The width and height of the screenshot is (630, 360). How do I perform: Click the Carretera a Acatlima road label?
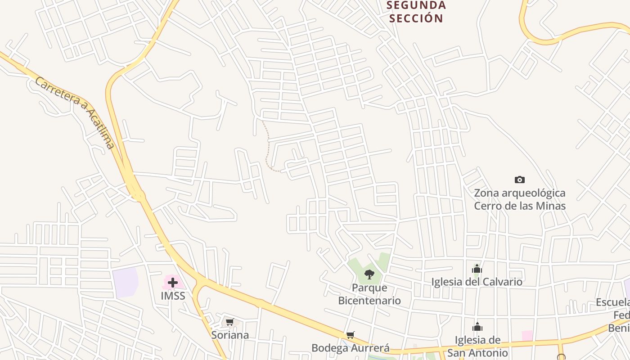[x=75, y=112]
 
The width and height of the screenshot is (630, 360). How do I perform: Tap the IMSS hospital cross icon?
[x=173, y=283]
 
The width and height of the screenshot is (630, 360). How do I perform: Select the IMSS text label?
[x=173, y=296]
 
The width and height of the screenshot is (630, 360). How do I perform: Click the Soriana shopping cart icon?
[x=229, y=322]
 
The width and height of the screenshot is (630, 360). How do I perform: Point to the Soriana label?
[x=230, y=335]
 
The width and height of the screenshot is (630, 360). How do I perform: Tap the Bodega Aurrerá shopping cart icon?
[x=351, y=335]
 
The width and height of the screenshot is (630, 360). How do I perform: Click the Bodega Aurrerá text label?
[x=351, y=348]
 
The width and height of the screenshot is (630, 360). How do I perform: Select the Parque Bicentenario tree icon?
[x=369, y=274]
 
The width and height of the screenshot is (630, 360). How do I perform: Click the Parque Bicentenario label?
[x=369, y=294]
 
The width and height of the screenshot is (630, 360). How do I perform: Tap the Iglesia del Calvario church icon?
[x=477, y=269]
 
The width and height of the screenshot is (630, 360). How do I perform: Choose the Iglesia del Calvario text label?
[x=477, y=282]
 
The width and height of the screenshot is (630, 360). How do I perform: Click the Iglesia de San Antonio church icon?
[x=477, y=327]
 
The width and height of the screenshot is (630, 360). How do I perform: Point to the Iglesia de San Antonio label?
[x=477, y=346]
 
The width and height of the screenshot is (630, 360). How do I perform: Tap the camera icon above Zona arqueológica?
[x=520, y=180]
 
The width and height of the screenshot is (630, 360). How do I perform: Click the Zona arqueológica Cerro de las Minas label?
[x=520, y=199]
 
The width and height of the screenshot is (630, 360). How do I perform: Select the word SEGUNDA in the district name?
[x=416, y=5]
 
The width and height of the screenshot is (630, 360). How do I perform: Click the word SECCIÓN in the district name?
[x=416, y=18]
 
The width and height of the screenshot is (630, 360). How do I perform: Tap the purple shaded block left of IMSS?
[x=126, y=282]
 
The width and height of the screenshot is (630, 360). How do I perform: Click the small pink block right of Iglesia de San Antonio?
[x=527, y=336]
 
